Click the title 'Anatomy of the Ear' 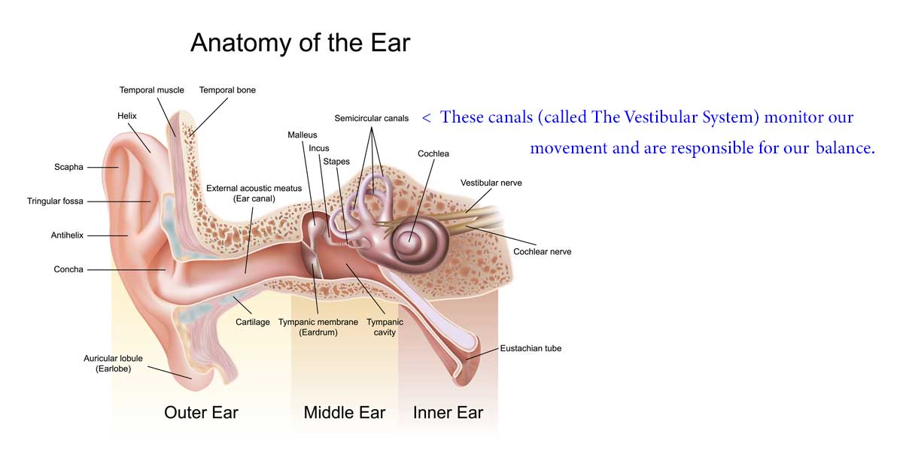pos(300,43)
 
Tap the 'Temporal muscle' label pos(151,90)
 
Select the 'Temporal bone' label pos(227,90)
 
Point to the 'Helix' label pos(127,116)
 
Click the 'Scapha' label pos(68,167)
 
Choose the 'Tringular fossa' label pos(55,201)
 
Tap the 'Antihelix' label pos(67,235)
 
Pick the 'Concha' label pos(68,269)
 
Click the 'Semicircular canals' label pos(371,118)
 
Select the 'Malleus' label pos(303,135)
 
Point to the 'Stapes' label pos(336,162)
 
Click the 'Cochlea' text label pos(433,154)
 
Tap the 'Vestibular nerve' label pos(491,183)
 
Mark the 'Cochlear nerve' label pos(543,252)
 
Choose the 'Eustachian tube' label pos(531,348)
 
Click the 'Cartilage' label pos(253,322)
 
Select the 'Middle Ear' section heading pos(345,412)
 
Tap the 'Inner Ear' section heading pos(448,412)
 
